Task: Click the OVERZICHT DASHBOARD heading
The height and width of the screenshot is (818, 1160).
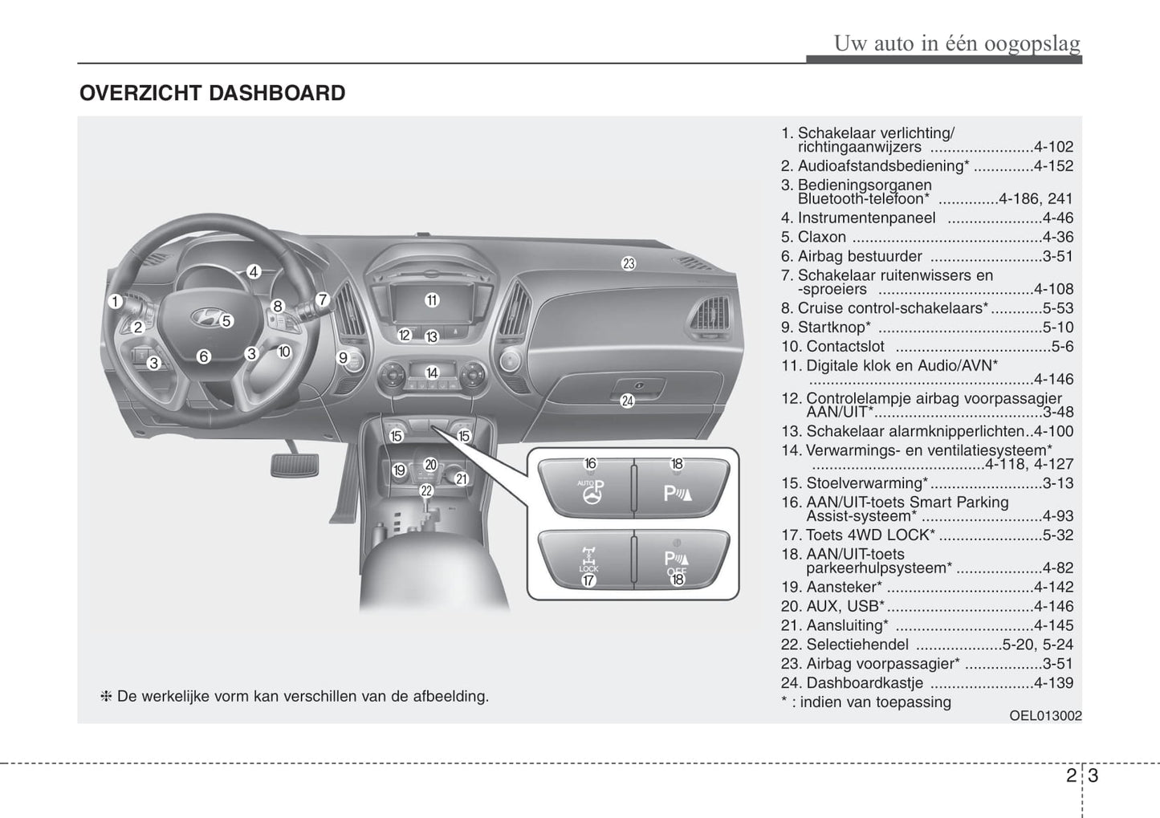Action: point(212,93)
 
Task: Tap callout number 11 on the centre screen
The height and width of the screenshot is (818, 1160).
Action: point(432,300)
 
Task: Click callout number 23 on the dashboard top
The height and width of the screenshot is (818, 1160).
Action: point(629,262)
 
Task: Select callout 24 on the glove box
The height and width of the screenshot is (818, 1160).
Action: point(627,401)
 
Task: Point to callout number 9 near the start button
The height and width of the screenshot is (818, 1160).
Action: point(343,358)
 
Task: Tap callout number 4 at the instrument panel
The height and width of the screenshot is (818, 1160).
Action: point(254,272)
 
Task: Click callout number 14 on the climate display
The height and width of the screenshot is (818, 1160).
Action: point(432,372)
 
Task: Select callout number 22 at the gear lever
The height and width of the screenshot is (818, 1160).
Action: point(426,490)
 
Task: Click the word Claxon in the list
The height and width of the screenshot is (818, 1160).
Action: point(821,237)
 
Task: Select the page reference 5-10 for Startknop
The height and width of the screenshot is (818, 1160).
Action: point(1057,328)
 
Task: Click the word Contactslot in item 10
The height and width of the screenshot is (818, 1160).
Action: point(845,347)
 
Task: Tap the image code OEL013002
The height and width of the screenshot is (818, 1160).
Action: point(1045,716)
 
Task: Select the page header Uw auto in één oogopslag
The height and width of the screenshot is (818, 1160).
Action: point(956,43)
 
